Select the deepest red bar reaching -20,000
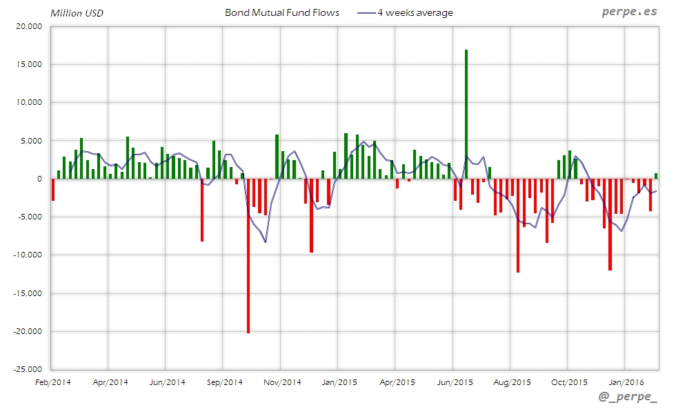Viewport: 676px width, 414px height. coord(248,255)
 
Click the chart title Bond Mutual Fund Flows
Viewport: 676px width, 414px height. coord(282,12)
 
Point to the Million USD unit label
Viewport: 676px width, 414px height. coord(77,13)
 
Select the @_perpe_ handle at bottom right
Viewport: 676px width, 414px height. coord(628,399)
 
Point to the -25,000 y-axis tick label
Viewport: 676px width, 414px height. coord(29,369)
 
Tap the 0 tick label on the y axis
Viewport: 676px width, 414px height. coord(40,179)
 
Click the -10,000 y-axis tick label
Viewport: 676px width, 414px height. coord(29,255)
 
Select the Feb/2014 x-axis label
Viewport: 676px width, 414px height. coord(52,382)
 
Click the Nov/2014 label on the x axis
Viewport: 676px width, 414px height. coord(284,382)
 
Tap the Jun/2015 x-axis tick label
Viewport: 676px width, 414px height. coord(455,382)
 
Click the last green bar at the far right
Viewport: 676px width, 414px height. coord(656,176)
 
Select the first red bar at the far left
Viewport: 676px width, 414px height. coord(53,190)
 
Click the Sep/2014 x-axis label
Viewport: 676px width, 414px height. coord(225,382)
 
